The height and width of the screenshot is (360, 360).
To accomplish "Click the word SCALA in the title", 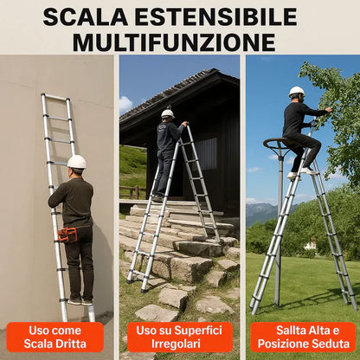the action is click(86, 17).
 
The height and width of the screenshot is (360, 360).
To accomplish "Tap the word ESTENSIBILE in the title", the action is click(216, 17).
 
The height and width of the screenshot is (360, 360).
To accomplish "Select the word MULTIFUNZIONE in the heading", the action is click(174, 42).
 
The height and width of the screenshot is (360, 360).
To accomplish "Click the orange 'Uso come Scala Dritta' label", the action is click(55, 337).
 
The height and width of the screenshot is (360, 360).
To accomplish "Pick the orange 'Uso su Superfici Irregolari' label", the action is click(179, 337).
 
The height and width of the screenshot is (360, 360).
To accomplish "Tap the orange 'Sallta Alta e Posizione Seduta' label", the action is click(303, 337).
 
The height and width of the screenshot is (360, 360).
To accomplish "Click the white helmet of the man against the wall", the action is click(77, 162).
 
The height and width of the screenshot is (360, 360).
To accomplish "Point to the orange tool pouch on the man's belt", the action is click(67, 235).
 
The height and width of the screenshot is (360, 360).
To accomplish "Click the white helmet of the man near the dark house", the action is click(168, 113).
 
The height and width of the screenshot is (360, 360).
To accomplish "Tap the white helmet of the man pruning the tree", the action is click(297, 91).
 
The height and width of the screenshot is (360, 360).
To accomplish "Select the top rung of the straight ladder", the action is click(56, 97).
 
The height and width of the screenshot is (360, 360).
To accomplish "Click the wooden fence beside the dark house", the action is click(133, 192).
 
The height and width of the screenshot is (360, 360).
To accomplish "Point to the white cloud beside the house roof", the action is click(125, 105).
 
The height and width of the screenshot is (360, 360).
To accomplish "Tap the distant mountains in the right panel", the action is click(266, 212).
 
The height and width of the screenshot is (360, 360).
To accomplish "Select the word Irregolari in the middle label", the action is click(176, 344).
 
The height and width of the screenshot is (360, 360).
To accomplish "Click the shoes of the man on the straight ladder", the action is click(80, 301).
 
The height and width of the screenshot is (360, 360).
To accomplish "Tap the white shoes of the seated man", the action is click(301, 173).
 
